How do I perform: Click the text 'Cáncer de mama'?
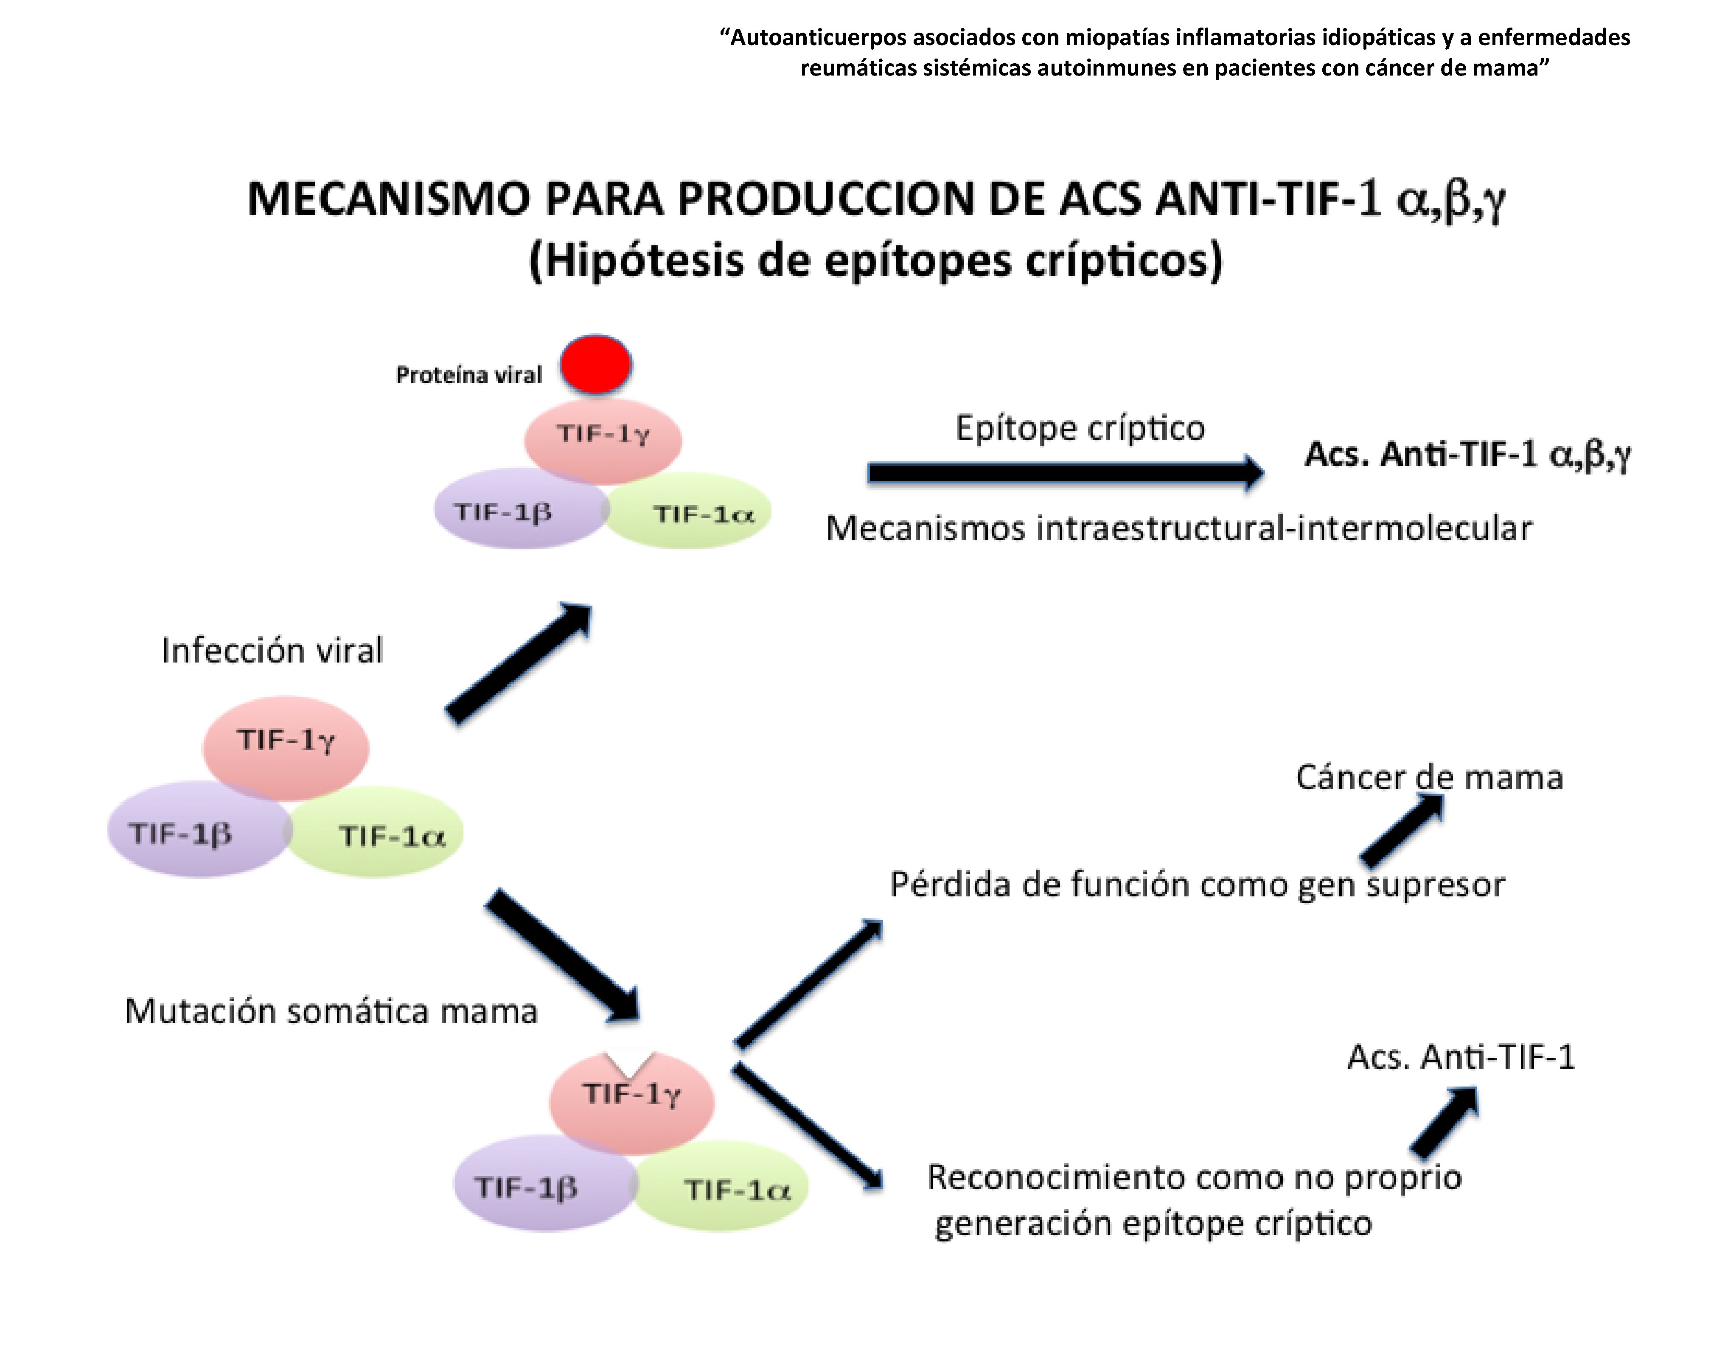click(1429, 777)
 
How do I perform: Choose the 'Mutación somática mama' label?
click(331, 1011)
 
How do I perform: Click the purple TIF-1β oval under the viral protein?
click(512, 510)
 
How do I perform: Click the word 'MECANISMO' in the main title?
click(389, 199)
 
